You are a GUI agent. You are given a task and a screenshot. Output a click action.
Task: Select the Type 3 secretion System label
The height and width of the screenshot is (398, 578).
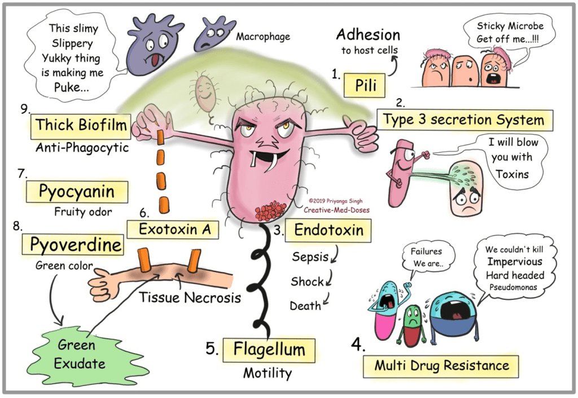465,120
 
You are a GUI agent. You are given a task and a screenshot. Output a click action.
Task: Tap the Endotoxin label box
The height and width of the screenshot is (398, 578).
328,230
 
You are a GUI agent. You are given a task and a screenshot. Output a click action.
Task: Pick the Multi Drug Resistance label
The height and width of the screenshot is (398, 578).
441,365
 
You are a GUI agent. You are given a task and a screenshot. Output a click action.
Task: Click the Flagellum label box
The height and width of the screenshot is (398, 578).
269,350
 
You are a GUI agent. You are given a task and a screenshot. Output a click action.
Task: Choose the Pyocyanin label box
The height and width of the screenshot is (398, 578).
76,192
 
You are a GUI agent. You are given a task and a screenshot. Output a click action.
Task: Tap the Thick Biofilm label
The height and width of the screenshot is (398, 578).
81,125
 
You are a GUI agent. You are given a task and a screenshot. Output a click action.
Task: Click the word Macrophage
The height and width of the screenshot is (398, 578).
263,37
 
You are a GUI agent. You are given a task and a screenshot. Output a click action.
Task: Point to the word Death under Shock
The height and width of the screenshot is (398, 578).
305,306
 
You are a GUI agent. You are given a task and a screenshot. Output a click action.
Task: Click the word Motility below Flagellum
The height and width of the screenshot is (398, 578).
268,373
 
